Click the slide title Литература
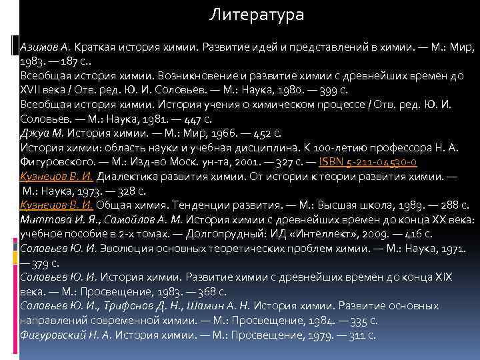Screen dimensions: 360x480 pos(257,13)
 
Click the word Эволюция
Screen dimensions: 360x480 pos(126,249)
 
